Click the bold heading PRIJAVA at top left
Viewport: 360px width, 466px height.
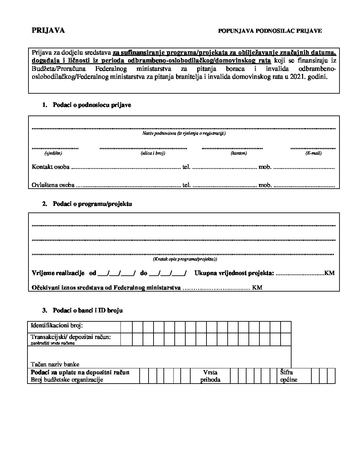(x=48, y=30)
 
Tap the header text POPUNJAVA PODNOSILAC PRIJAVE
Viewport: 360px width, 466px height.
(x=270, y=31)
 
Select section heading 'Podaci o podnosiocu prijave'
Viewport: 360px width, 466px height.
(x=92, y=105)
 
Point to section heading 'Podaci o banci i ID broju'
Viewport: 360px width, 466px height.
(x=88, y=310)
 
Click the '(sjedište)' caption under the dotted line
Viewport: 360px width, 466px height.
(x=53, y=153)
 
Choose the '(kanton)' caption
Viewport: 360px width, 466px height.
(x=239, y=153)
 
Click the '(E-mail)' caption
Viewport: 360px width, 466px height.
(x=313, y=153)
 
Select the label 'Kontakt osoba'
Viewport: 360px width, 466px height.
(x=51, y=167)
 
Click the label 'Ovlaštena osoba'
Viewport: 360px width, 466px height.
(x=53, y=185)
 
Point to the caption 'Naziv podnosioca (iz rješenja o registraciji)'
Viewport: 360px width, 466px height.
(x=184, y=133)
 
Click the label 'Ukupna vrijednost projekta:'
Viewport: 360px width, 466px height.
(x=234, y=273)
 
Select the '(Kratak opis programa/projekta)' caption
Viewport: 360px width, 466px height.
(x=185, y=259)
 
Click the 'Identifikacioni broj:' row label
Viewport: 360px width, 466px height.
(x=57, y=326)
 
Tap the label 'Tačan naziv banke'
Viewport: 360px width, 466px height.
(x=55, y=364)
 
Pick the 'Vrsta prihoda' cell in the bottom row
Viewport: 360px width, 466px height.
(x=210, y=376)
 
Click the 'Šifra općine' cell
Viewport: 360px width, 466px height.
(x=289, y=376)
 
